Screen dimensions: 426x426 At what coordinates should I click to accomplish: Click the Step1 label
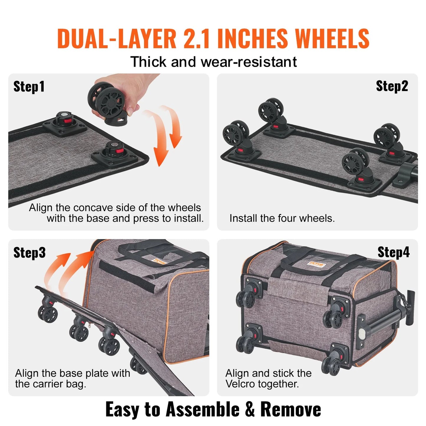29,87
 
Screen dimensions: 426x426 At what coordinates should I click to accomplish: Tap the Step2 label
392,86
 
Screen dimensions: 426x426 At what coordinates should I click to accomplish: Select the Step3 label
29,253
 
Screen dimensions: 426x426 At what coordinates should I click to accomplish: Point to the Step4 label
393,252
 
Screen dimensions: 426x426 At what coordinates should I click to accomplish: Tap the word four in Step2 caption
287,218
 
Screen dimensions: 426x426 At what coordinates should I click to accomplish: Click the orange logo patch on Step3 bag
159,261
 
